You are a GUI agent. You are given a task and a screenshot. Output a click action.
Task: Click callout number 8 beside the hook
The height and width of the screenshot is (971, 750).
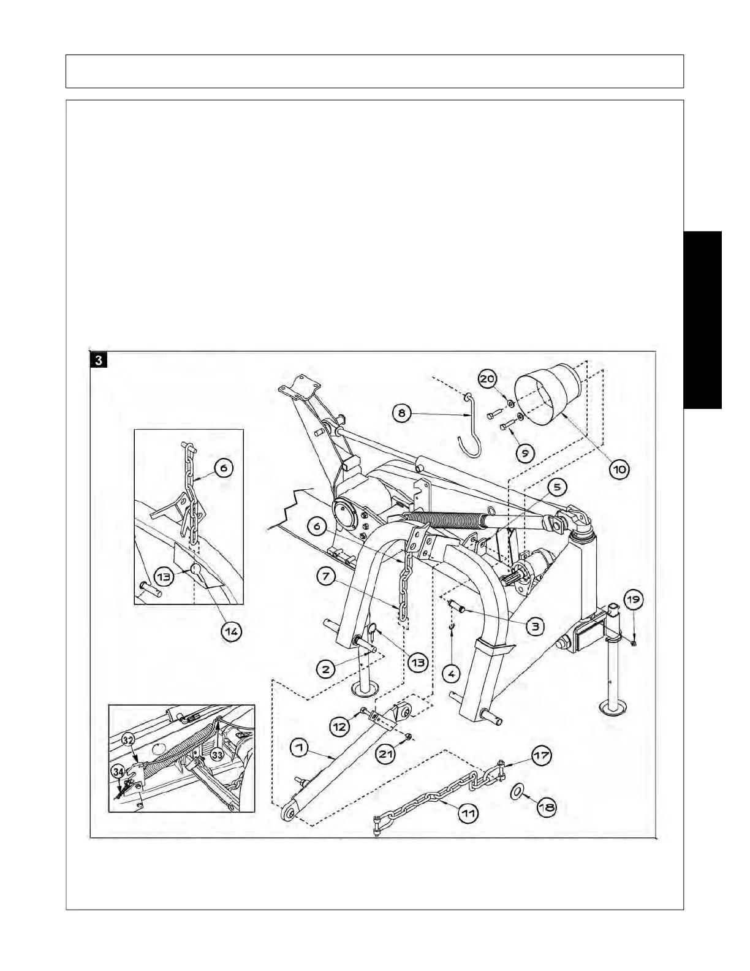(x=402, y=413)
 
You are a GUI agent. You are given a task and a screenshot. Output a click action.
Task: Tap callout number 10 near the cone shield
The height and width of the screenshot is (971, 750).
(x=619, y=470)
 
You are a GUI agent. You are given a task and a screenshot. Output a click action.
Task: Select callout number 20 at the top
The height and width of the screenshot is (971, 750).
(x=488, y=379)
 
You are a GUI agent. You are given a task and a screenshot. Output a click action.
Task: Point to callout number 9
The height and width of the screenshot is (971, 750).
(x=525, y=453)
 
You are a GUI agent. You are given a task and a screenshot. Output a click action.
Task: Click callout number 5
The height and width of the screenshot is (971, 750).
(x=557, y=487)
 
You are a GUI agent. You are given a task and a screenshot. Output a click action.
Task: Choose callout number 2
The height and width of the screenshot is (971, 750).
(x=326, y=668)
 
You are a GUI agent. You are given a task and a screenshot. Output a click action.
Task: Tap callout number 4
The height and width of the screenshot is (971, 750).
(x=451, y=674)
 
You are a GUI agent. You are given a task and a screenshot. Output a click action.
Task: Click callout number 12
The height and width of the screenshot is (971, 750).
(x=339, y=726)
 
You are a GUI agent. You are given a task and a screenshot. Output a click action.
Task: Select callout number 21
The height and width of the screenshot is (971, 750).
(x=385, y=753)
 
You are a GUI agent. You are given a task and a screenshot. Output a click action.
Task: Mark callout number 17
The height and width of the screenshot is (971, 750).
(x=541, y=756)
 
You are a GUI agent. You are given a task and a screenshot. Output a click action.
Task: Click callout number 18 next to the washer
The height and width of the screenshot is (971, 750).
(x=546, y=807)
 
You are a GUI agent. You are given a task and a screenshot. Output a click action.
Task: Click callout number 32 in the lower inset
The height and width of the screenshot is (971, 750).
(x=127, y=739)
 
